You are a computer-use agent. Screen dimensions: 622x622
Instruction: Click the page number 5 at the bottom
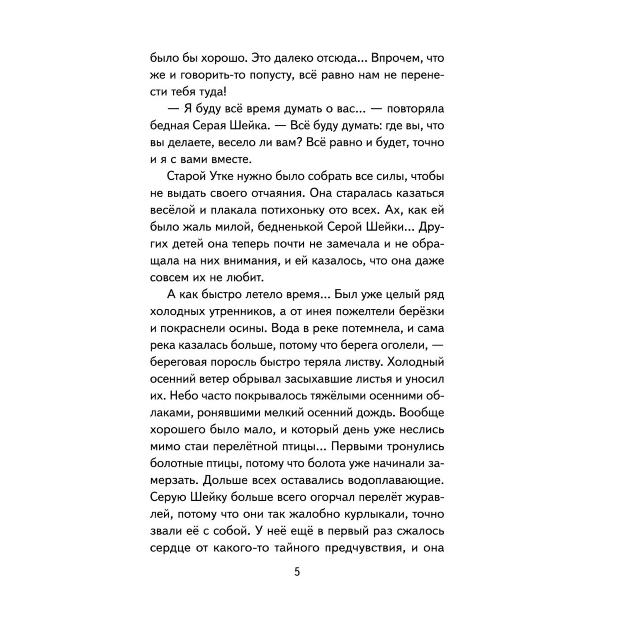pyautogui.click(x=296, y=572)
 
